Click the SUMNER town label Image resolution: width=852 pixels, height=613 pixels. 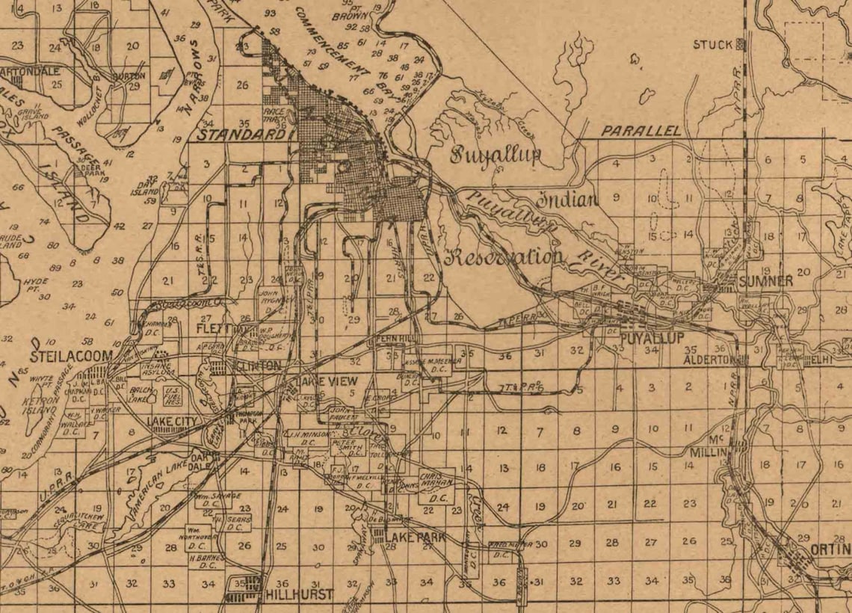[x=766, y=282]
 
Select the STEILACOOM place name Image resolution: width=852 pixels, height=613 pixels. [x=71, y=355]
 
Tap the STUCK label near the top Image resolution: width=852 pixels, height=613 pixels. [x=712, y=45]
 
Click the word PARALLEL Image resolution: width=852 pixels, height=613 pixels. [x=641, y=131]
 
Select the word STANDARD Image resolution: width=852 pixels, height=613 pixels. [x=241, y=135]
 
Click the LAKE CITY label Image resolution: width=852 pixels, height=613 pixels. [x=172, y=422]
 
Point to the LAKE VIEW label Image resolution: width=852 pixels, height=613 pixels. [x=329, y=382]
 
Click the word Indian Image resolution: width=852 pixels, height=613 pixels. [x=569, y=199]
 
